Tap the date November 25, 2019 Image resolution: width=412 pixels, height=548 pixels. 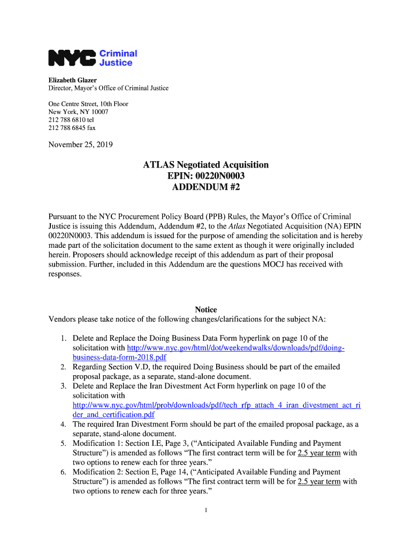click(80, 144)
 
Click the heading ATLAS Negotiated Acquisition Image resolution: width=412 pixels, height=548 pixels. click(205, 165)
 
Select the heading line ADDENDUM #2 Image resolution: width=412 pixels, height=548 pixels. click(205, 187)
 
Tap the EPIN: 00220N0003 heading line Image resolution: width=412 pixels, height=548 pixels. click(205, 176)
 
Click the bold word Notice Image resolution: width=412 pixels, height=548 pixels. click(205, 310)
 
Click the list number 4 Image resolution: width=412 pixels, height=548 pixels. click(63, 424)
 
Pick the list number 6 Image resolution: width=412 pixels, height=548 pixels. click(63, 472)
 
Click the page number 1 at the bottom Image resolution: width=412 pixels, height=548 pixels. click(206, 510)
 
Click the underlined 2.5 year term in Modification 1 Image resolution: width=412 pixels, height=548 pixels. click(319, 453)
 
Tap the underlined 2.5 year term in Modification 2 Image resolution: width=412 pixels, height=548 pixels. click(319, 482)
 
